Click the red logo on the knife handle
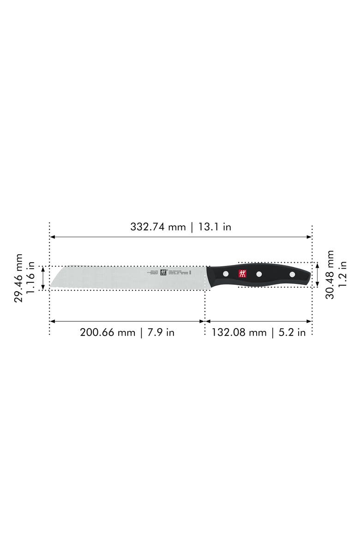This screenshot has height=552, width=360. tap(243, 274)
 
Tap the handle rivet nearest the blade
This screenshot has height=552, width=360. tap(226, 274)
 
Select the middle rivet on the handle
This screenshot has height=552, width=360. tap(259, 274)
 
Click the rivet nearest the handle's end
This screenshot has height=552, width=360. tap(292, 275)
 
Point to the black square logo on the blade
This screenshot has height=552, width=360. tap(163, 272)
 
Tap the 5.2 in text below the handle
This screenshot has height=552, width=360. tap(291, 332)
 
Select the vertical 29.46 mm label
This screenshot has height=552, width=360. tap(18, 278)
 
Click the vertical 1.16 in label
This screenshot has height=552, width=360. tap(31, 278)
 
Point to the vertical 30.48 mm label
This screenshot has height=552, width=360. tap(330, 275)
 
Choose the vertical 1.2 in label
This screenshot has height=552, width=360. tap(342, 275)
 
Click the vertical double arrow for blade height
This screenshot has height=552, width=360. tap(43, 278)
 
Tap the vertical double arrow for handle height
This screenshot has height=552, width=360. tap(318, 275)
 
